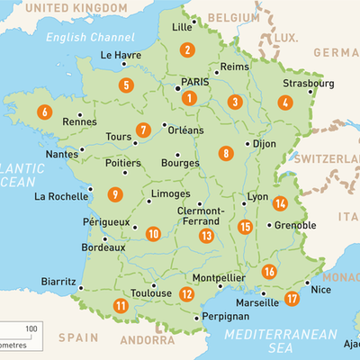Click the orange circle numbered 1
coord(189,97)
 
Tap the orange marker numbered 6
coord(44,113)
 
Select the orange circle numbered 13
coord(206,236)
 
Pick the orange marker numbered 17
coord(291,298)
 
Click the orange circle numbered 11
coord(120,305)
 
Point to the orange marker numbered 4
coord(285,103)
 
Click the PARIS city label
coord(201,82)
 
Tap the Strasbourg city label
coord(309,84)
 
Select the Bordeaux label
coord(103,247)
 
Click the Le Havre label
coord(120,55)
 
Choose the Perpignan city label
coord(224,318)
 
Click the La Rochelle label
coord(61,196)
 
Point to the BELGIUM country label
coord(233,17)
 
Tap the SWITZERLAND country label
coord(329,158)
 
